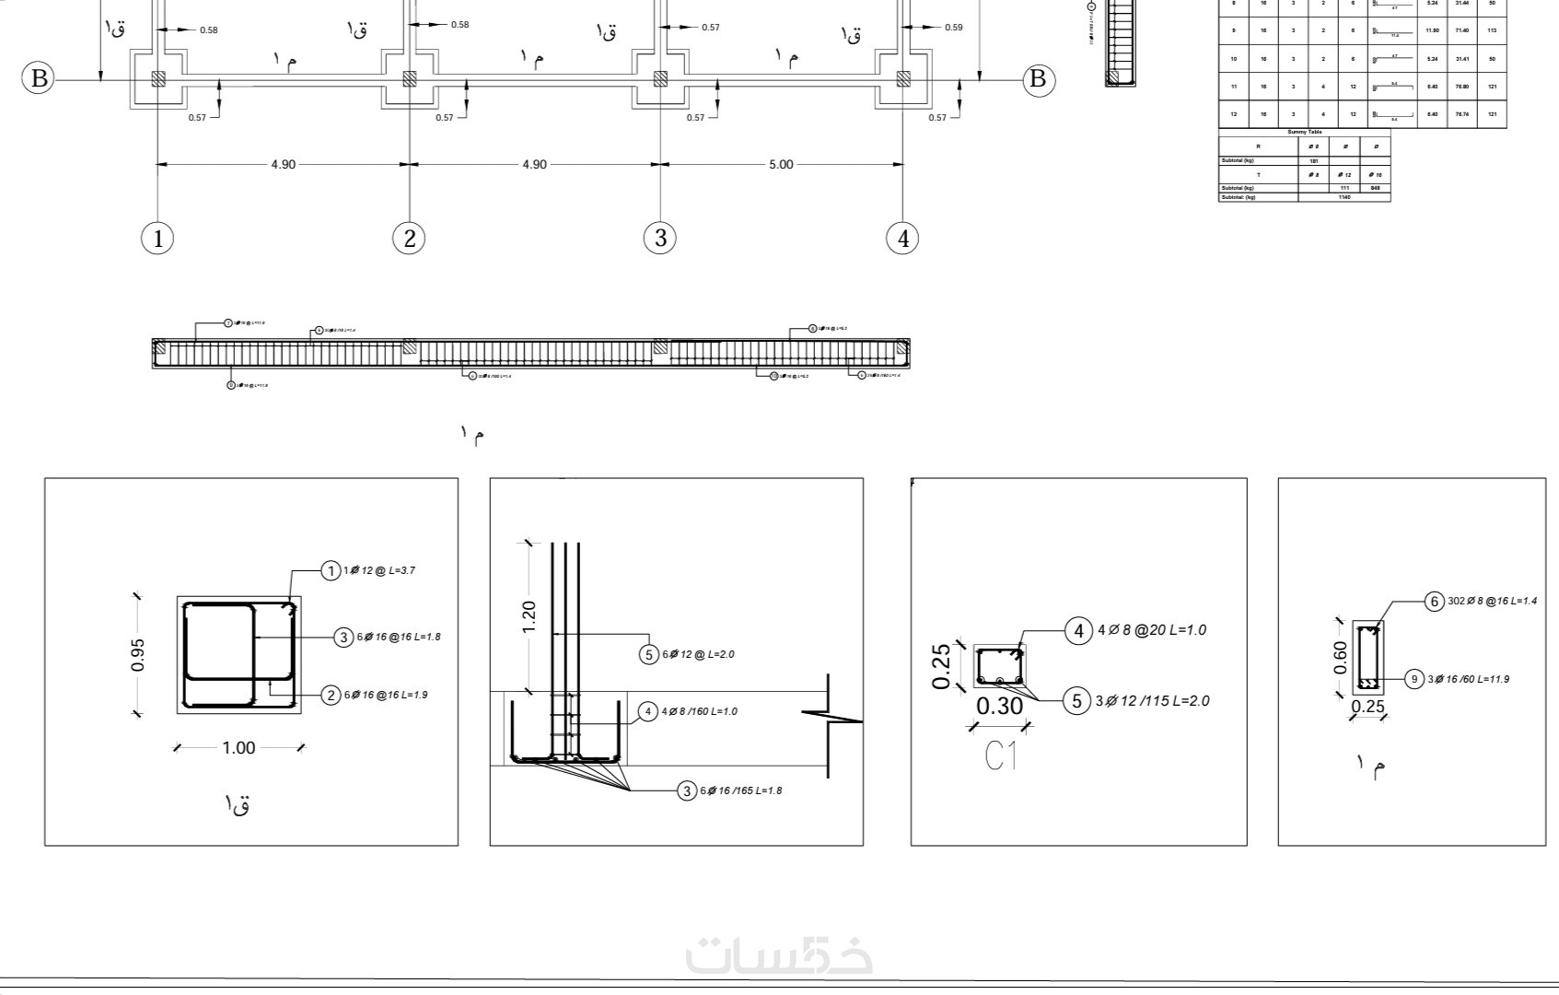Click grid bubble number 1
(158, 239)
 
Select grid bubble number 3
(660, 239)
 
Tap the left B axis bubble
(39, 78)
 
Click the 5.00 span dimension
(780, 165)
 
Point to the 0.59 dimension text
(953, 28)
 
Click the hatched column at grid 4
(903, 79)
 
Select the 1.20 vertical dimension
(529, 616)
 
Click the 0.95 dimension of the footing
(137, 654)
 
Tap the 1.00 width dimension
(239, 747)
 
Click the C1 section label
(1001, 756)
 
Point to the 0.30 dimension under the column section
(999, 707)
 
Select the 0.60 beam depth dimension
(1340, 657)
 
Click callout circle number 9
(1414, 680)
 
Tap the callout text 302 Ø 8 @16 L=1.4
(1492, 602)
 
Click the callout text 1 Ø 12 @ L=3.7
(379, 571)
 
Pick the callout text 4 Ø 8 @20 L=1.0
(1151, 631)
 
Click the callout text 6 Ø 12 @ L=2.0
(697, 655)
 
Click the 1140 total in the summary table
(1344, 197)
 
